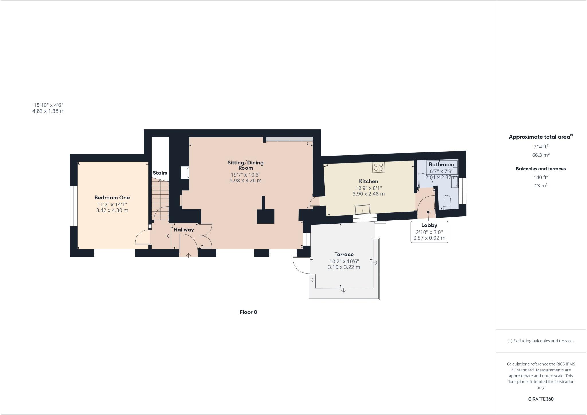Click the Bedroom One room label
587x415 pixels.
click(112, 198)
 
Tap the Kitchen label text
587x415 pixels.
click(369, 181)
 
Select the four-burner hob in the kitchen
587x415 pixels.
click(379, 167)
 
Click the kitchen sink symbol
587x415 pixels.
click(362, 209)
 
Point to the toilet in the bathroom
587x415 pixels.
click(447, 202)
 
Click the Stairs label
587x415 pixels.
click(160, 173)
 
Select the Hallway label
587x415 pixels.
click(184, 230)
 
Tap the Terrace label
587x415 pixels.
click(344, 255)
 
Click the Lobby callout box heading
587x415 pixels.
click(429, 225)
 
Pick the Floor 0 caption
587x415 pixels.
click(248, 312)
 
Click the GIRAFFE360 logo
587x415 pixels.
click(541, 399)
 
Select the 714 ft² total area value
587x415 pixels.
click(541, 147)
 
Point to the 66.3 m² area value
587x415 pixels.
click(541, 155)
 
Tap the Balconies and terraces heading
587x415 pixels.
click(541, 169)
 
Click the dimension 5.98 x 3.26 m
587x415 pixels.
click(246, 181)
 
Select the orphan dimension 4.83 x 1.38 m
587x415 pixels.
click(48, 111)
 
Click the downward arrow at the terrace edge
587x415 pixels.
click(343, 291)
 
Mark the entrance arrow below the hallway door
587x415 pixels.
click(189, 255)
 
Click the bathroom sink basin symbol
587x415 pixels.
click(455, 183)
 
